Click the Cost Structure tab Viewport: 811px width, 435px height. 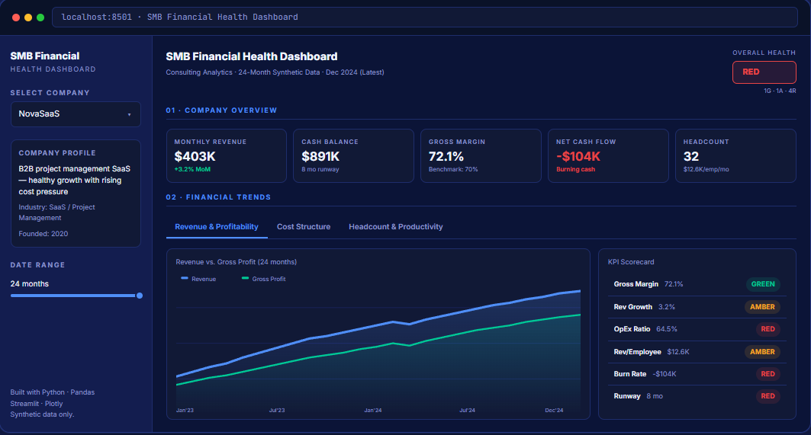pyautogui.click(x=304, y=227)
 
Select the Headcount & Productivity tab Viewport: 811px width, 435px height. pyautogui.click(x=395, y=227)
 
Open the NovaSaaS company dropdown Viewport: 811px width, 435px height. pyautogui.click(x=76, y=114)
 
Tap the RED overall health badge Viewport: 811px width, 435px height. pyautogui.click(x=764, y=72)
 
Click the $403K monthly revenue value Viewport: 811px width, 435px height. pyautogui.click(x=195, y=156)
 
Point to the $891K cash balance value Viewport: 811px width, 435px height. pyautogui.click(x=320, y=156)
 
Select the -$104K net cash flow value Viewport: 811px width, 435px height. pyautogui.click(x=578, y=156)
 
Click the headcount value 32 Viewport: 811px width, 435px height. pyautogui.click(x=691, y=156)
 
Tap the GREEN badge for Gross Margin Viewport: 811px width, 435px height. pyautogui.click(x=763, y=284)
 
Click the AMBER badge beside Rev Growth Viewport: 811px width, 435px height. pyautogui.click(x=763, y=307)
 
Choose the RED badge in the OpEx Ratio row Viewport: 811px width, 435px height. pyautogui.click(x=768, y=329)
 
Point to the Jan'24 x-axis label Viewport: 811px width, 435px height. pyautogui.click(x=373, y=411)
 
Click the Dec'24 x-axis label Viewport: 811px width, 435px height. pyautogui.click(x=555, y=411)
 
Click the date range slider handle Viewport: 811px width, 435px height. pyautogui.click(x=140, y=296)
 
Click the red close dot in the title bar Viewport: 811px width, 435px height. pyautogui.click(x=16, y=17)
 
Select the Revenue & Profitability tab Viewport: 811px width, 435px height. pyautogui.click(x=217, y=227)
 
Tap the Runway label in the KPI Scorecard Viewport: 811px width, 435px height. pyautogui.click(x=627, y=396)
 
